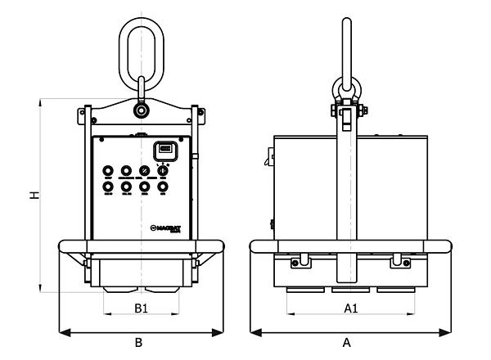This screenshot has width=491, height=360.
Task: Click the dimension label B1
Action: pyautogui.click(x=141, y=308)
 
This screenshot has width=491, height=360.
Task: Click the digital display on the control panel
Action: pyautogui.click(x=164, y=150)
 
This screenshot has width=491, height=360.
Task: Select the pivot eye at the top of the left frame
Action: pyautogui.click(x=141, y=108)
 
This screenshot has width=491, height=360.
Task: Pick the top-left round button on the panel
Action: pyautogui.click(x=108, y=171)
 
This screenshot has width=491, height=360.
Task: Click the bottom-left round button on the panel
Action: pyautogui.click(x=108, y=187)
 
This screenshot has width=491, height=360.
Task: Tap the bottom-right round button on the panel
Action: pyautogui.click(x=163, y=187)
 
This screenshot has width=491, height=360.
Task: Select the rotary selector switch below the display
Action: pyautogui.click(x=163, y=171)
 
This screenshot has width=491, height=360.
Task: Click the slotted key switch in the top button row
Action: pyautogui.click(x=145, y=171)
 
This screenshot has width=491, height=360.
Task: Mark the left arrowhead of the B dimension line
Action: pyautogui.click(x=64, y=332)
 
